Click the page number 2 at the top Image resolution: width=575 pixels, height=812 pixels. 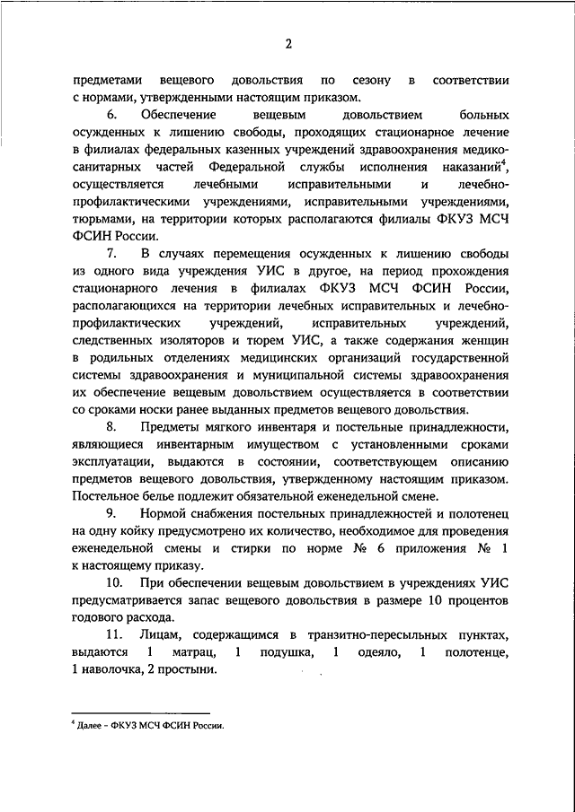(287, 45)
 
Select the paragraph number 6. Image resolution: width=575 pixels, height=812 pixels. (111, 117)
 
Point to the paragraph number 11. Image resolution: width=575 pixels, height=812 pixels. (114, 634)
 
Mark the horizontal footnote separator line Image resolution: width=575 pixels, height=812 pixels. (139, 709)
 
